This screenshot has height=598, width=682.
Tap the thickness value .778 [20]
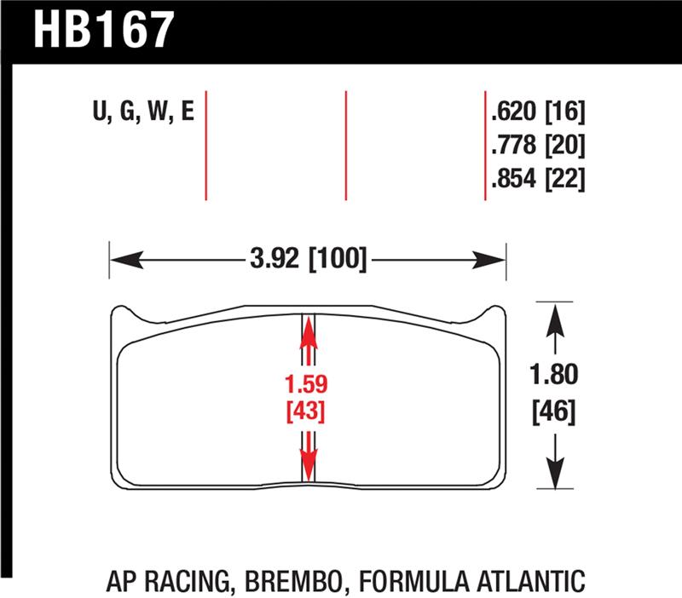point(537,146)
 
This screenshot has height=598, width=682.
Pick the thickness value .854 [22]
point(537,179)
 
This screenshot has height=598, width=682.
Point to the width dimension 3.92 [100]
point(309,258)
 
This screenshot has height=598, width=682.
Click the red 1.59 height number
point(308,382)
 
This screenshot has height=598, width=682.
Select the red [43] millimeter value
point(308,412)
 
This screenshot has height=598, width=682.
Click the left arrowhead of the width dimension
point(119,258)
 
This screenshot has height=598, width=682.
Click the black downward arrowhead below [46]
point(556,473)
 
